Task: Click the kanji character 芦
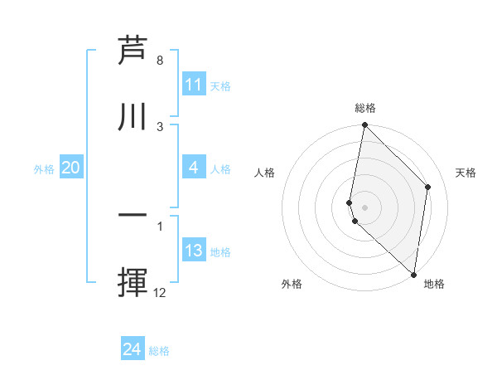tap(133, 51)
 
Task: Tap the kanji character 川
tap(133, 117)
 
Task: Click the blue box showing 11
tap(194, 85)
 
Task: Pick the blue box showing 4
tap(194, 168)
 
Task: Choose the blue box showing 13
tap(194, 251)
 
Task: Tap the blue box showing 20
tap(70, 168)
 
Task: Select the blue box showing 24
tap(133, 349)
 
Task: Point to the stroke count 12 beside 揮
tap(160, 293)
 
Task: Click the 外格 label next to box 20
tap(44, 168)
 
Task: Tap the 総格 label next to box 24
tap(159, 351)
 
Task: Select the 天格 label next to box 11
tap(220, 85)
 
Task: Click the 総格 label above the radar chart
tap(364, 108)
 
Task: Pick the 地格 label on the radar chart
tap(434, 284)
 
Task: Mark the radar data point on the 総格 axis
tap(364, 125)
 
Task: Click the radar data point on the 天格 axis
tap(428, 187)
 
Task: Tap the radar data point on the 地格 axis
tap(414, 275)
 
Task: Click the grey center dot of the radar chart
tap(364, 207)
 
